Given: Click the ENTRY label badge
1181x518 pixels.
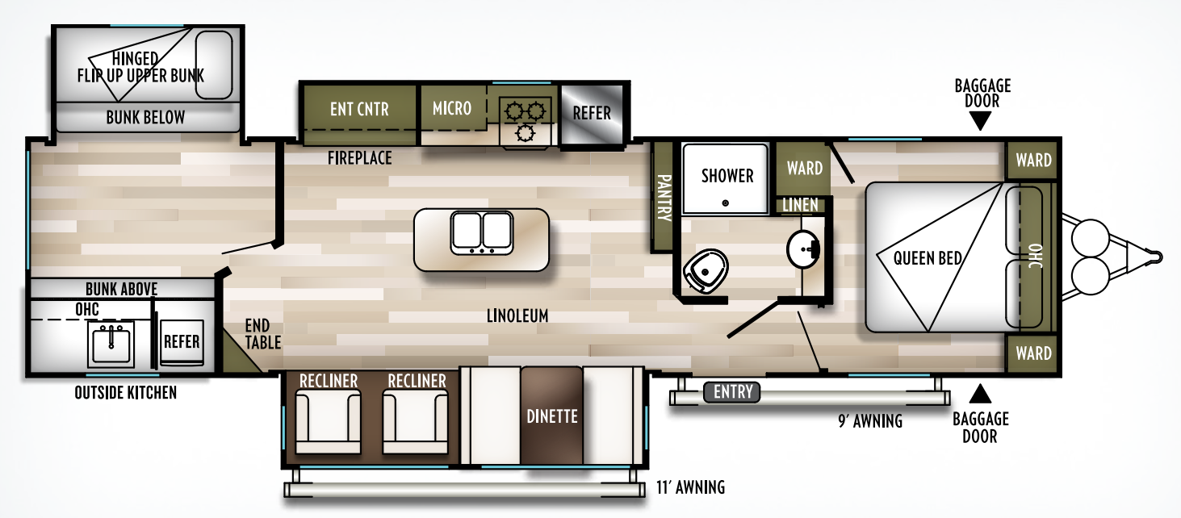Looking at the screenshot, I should (733, 393).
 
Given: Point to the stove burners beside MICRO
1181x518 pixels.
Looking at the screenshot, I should (526, 121).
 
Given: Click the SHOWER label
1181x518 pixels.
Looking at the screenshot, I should (727, 176).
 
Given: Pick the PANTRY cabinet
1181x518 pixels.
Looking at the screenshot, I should (663, 198).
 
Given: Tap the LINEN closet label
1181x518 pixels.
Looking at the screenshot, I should (800, 206).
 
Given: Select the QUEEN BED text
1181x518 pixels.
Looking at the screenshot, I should (928, 258).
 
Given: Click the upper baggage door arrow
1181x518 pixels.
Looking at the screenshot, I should (980, 121).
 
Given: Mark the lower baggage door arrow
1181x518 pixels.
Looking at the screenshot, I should (980, 393).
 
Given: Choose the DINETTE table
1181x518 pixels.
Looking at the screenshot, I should (551, 416).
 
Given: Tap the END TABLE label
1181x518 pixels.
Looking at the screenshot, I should (263, 333).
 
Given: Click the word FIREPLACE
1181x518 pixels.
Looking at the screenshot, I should (359, 158).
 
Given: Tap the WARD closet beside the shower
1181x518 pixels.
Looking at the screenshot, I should (804, 168).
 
